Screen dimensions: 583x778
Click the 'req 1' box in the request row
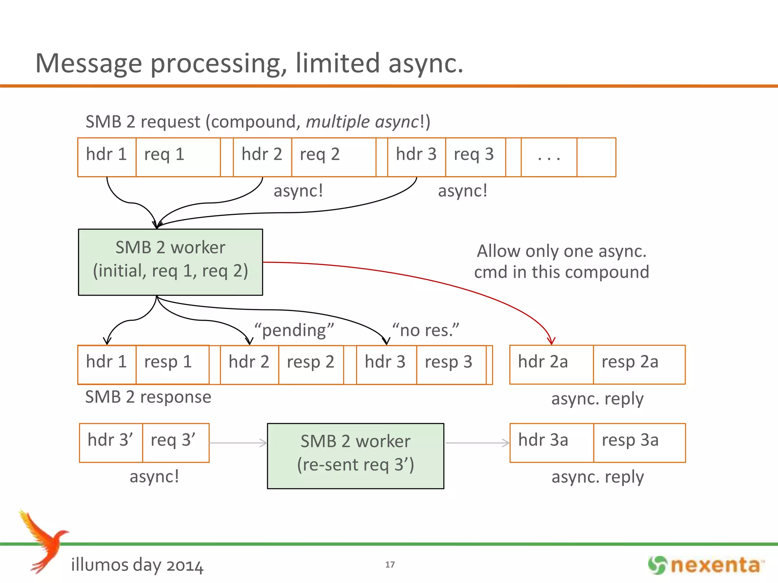point(178,157)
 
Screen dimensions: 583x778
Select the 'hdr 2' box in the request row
point(262,157)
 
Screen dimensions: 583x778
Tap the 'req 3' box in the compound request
point(475,157)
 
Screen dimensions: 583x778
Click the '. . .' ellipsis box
point(549,157)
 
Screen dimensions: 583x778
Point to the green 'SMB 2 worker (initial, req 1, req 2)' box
point(170,262)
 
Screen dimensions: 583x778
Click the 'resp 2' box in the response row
point(311,364)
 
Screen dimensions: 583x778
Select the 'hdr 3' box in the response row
point(386,364)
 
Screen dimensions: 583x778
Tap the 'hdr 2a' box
point(551,364)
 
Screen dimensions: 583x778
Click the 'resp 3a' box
point(639,443)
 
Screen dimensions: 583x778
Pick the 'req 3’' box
point(176,443)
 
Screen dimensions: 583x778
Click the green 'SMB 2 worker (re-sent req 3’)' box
point(355,455)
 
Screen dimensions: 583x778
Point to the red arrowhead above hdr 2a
point(551,340)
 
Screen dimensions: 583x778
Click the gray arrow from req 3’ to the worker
point(238,443)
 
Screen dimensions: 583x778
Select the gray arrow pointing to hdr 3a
point(477,443)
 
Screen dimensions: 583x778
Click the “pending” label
point(294,330)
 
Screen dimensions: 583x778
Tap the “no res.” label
point(425,330)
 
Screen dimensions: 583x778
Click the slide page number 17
point(390,564)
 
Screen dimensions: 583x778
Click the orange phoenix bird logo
point(44,541)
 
